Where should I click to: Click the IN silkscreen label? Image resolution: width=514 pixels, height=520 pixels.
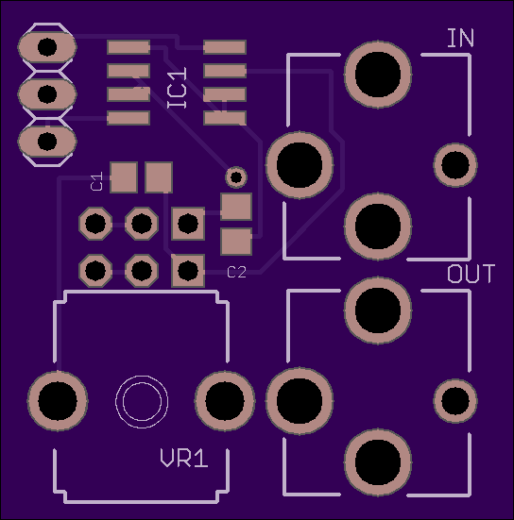(x=460, y=38)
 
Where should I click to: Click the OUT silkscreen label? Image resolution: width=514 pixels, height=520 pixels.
(x=471, y=274)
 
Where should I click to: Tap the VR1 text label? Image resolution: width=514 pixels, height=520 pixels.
(x=184, y=458)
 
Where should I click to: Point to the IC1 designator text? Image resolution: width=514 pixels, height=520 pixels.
(x=177, y=88)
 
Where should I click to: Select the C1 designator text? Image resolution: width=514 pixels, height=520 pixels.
(x=97, y=181)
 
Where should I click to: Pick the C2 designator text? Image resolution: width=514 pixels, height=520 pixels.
(x=237, y=273)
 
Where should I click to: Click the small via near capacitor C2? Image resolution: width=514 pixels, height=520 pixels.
(x=236, y=177)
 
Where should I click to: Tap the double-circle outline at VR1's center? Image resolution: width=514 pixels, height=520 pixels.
(x=142, y=402)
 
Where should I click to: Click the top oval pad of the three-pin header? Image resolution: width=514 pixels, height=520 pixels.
(x=47, y=47)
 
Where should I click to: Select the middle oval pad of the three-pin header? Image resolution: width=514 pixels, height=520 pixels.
(x=47, y=94)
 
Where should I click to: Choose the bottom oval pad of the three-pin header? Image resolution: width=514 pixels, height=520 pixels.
(x=47, y=142)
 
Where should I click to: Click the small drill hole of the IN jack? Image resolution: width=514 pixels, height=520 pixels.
(x=455, y=165)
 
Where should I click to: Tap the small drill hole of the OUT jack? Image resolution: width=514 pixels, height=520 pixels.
(x=455, y=400)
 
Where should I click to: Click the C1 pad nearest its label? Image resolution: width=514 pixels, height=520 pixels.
(x=124, y=177)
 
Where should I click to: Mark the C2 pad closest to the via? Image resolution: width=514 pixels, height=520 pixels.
(x=236, y=207)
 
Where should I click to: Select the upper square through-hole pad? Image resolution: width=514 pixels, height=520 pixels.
(x=188, y=224)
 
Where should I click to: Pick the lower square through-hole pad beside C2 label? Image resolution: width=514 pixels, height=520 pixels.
(x=188, y=271)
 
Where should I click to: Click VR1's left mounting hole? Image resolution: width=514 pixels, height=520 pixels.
(x=58, y=401)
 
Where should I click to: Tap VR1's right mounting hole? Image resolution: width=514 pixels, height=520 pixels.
(x=225, y=401)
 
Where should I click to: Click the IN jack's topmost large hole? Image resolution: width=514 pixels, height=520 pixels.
(x=378, y=75)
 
